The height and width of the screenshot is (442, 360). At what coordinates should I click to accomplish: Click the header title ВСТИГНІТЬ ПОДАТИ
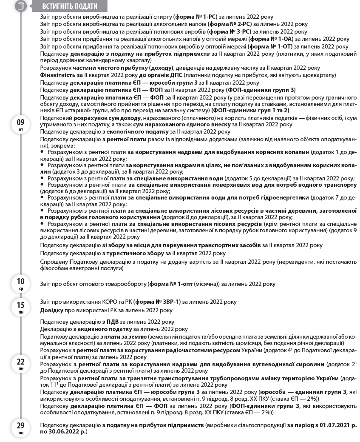point(70,6)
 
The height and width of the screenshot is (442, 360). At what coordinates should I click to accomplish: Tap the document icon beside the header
point(21,6)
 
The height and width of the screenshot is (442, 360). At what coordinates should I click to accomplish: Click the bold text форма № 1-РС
point(196,17)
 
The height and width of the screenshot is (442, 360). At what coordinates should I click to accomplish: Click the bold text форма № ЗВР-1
point(157,302)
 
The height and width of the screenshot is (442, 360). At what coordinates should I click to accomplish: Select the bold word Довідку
point(51,310)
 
